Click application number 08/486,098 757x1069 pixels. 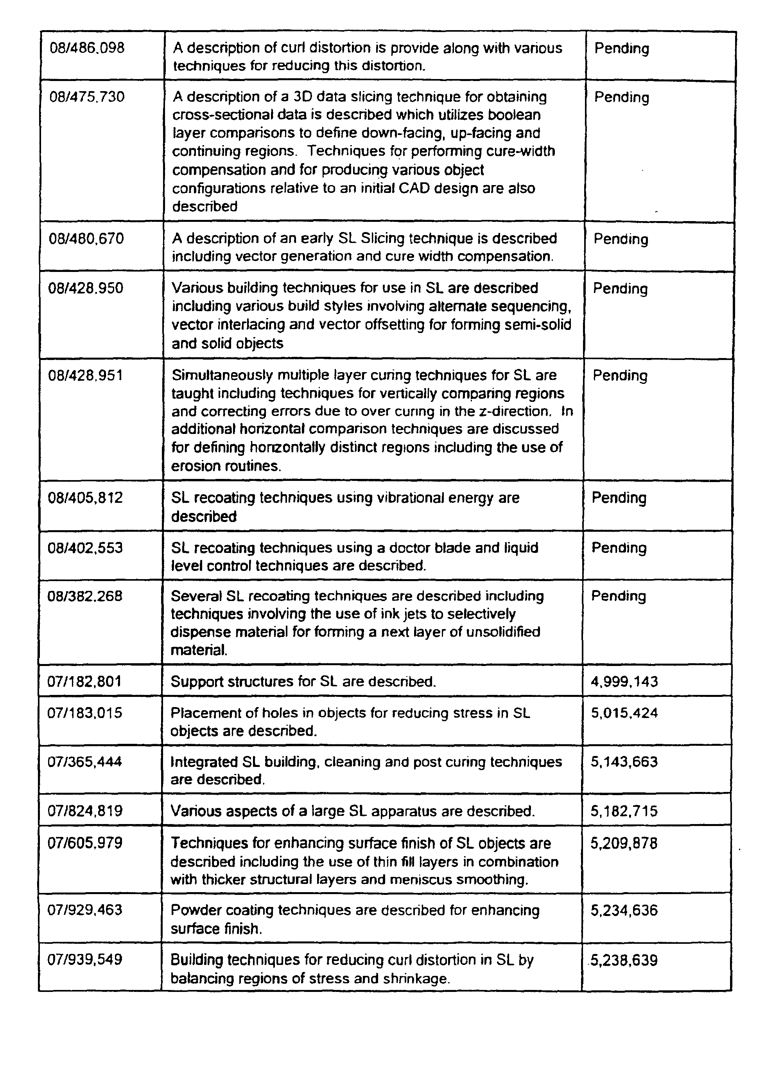point(87,48)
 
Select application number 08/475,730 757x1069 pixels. point(87,97)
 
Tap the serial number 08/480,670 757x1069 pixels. point(86,239)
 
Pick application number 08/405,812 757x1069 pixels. point(85,498)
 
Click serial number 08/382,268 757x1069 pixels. point(85,596)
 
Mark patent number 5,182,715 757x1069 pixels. point(624,812)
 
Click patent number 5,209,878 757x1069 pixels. point(624,843)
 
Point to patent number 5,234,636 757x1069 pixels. point(624,911)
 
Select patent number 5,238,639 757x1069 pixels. point(624,960)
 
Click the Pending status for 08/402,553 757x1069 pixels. point(619,547)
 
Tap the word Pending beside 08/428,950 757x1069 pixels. point(621,289)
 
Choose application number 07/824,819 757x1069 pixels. point(85,811)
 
